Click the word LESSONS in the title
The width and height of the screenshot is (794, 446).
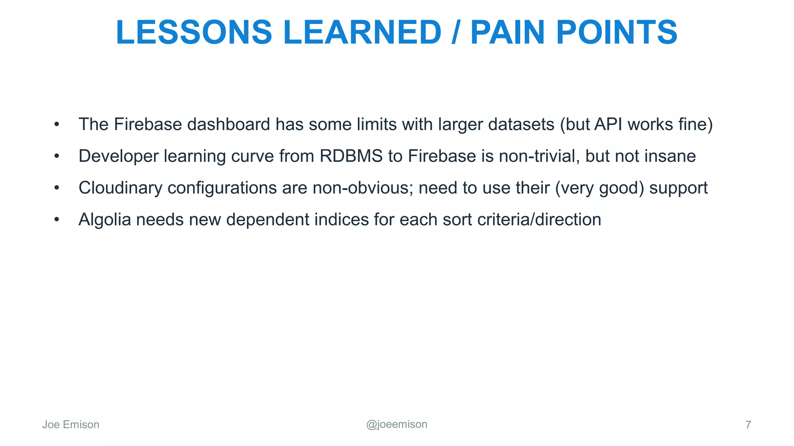coord(194,33)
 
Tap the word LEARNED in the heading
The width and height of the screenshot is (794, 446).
coord(362,33)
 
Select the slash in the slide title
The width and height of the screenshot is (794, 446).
coord(456,33)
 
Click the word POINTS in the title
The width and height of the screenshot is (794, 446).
coord(616,33)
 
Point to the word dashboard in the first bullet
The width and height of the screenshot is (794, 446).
coord(229,124)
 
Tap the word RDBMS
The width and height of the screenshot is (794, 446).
coord(351,156)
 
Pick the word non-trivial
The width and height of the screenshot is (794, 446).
coord(539,156)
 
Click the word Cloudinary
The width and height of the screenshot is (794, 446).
coord(121,188)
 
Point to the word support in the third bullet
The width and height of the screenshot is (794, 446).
coord(678,188)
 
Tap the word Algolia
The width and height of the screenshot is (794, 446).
coord(105,220)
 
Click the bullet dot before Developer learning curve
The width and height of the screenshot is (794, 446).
coord(57,156)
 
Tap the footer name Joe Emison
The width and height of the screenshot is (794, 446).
coord(71,425)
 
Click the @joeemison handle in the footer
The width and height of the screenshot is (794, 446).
coord(397,424)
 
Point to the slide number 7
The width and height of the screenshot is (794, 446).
coord(748,425)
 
